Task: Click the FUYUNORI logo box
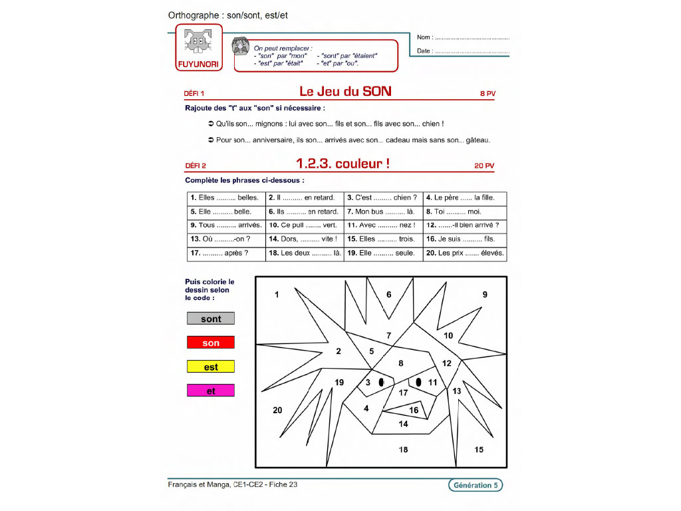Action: coord(199,48)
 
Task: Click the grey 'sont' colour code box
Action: coord(211,319)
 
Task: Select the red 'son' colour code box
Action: coord(211,343)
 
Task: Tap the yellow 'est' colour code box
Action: coord(211,367)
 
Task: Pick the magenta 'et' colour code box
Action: coord(211,391)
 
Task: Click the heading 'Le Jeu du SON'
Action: coord(345,92)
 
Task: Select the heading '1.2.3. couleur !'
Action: coord(342,164)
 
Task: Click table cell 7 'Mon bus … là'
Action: coord(384,212)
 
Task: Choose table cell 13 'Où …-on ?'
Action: coord(226,240)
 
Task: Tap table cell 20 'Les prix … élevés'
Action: coord(465,254)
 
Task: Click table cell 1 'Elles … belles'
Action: coord(226,198)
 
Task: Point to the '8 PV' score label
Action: coord(487,94)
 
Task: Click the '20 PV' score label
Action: coord(485,166)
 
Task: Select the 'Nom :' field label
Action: coord(425,37)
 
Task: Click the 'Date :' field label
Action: coord(424,51)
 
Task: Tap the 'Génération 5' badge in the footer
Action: coord(475,485)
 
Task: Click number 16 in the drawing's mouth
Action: coord(414,411)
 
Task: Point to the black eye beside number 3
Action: coord(381,383)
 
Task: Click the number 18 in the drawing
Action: coord(403,450)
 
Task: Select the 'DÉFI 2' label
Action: coord(195,166)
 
